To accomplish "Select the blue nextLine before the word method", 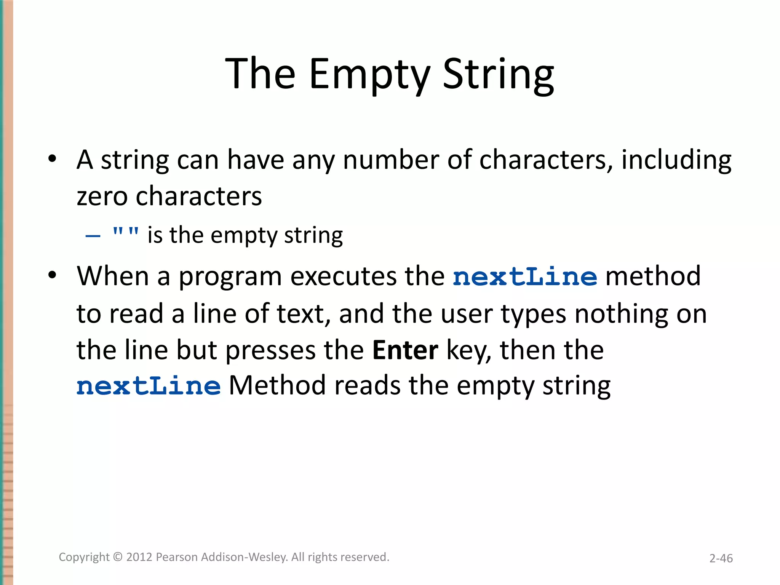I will (525, 277).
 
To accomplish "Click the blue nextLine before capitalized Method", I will (149, 386).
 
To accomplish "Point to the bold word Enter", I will (405, 350).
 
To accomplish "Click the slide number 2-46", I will (721, 558).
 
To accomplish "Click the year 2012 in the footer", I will (139, 557).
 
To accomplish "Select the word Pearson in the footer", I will (177, 557).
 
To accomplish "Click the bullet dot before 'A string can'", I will (52, 158).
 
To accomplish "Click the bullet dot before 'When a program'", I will (52, 275).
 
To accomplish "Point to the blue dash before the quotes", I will (93, 236).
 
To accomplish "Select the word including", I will (676, 160).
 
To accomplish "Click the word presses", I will (270, 350).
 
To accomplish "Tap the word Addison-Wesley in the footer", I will (245, 557).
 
